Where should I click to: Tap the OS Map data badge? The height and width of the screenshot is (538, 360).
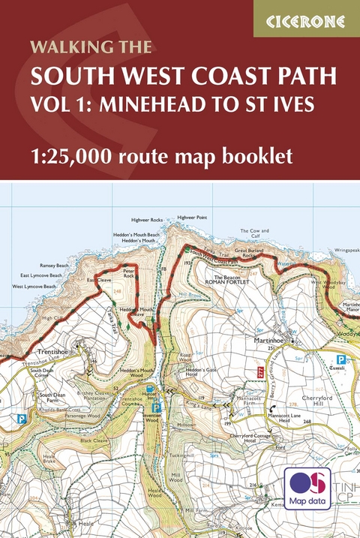tap(307, 488)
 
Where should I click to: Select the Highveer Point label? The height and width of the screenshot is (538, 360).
tap(191, 217)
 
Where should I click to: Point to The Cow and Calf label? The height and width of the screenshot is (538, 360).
tap(254, 234)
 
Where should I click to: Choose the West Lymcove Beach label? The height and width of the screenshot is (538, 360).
tap(34, 287)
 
